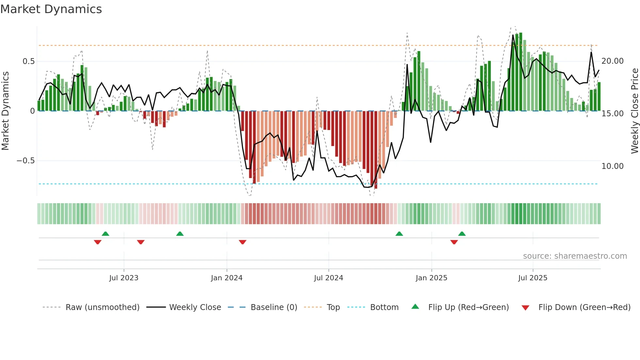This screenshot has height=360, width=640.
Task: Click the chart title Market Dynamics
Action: (x=51, y=9)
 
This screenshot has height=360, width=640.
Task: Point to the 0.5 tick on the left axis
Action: (x=28, y=61)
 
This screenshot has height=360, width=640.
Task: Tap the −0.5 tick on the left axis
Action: (x=25, y=161)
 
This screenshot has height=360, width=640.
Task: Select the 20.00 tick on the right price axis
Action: (x=612, y=61)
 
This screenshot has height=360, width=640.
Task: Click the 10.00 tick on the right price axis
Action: (x=612, y=166)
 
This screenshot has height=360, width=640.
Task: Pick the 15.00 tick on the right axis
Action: (x=612, y=114)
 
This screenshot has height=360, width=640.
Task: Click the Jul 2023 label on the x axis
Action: (x=124, y=278)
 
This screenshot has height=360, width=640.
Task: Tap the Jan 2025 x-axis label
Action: (x=431, y=278)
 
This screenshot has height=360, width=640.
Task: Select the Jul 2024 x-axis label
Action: (x=328, y=278)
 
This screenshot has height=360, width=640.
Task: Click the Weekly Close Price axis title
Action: (x=634, y=111)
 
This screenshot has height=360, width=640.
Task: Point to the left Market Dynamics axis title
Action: (x=5, y=111)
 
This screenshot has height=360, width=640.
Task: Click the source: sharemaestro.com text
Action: (x=575, y=256)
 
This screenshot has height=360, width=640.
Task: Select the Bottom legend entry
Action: (x=384, y=307)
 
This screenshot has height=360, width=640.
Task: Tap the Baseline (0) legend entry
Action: (x=274, y=307)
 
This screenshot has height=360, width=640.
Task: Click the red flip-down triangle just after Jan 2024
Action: (x=242, y=242)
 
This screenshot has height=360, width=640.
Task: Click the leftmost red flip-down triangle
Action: (x=98, y=242)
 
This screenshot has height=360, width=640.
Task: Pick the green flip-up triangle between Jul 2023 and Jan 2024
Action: (x=180, y=234)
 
